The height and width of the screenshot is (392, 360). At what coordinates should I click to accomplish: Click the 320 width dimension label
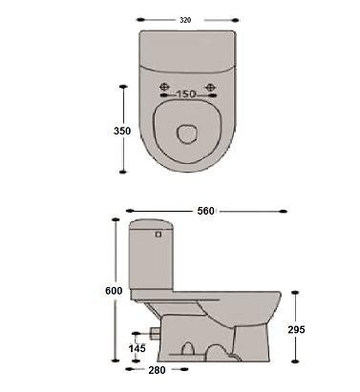[185, 20]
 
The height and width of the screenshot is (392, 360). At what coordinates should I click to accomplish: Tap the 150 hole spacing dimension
[186, 94]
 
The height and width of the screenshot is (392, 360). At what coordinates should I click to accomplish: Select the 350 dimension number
[122, 131]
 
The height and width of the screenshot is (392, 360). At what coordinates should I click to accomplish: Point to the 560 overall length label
[205, 211]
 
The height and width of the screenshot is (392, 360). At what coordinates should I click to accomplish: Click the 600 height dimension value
[114, 291]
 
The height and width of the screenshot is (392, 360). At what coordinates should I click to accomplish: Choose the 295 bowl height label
[296, 330]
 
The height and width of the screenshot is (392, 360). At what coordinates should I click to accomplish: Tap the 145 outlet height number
[137, 348]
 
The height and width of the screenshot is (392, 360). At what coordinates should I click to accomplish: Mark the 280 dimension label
[157, 370]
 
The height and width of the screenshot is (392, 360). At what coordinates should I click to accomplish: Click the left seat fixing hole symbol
[164, 87]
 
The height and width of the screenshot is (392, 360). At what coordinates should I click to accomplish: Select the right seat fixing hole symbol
[210, 87]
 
